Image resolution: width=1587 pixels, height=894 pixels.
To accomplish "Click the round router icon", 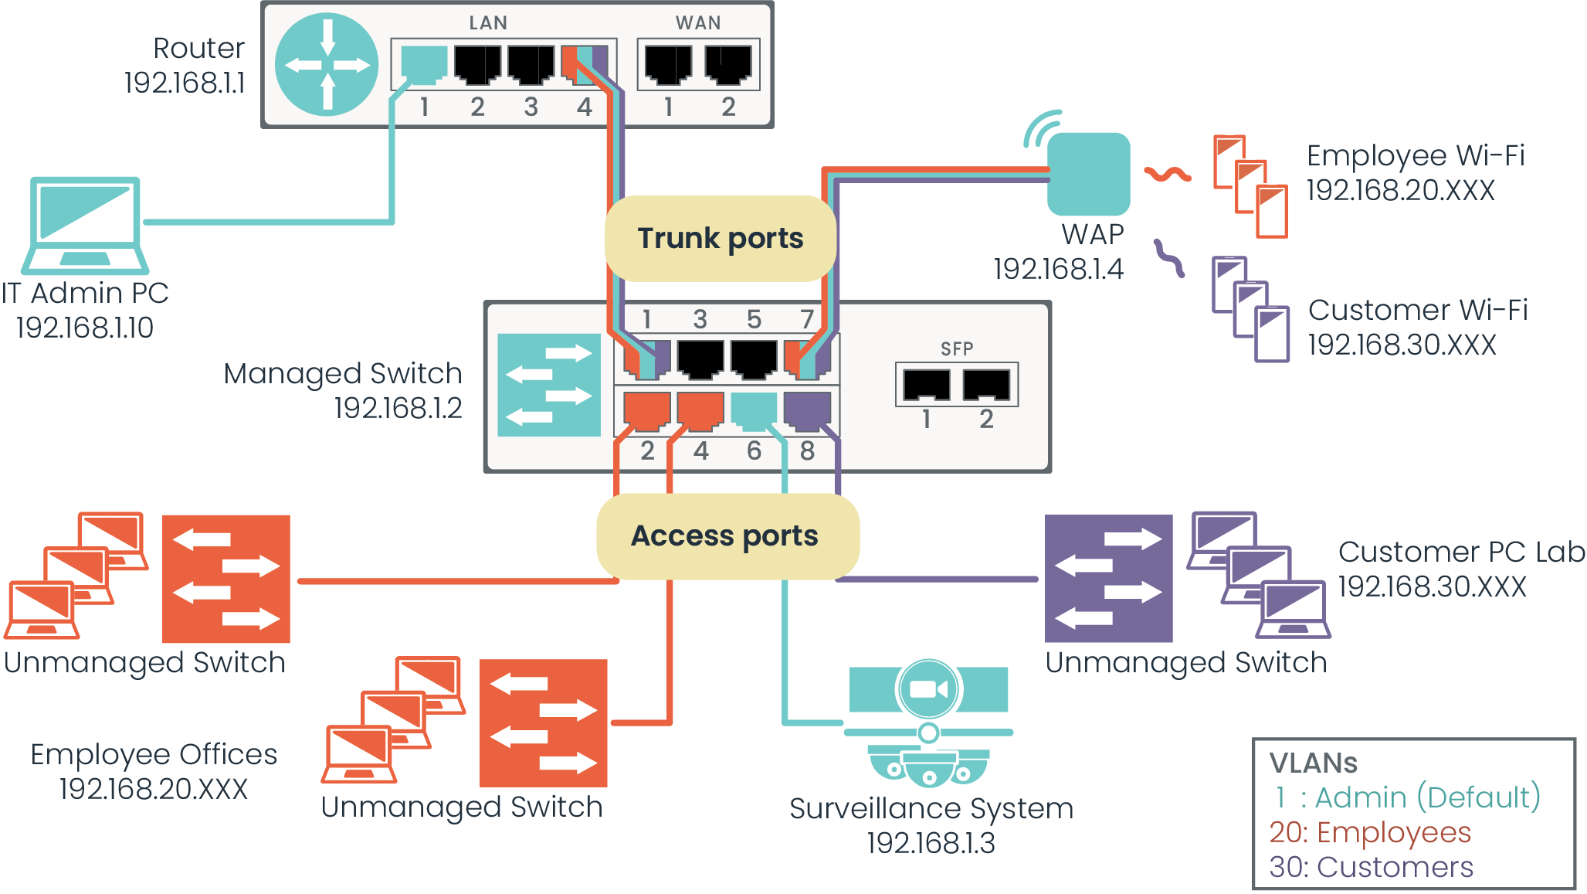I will (x=327, y=64).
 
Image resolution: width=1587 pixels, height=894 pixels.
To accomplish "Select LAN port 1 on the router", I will (x=424, y=66).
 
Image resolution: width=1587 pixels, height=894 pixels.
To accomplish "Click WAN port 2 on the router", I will (x=728, y=65).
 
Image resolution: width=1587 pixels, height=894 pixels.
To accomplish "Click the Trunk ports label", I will (x=721, y=238).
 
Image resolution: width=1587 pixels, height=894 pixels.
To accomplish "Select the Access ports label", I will (x=724, y=535).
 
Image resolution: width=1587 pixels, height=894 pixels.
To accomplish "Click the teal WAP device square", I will (x=1089, y=174).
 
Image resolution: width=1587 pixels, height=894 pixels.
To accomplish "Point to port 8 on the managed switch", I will (x=807, y=411).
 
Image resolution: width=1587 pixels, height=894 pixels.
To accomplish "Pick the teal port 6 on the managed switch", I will (x=754, y=411).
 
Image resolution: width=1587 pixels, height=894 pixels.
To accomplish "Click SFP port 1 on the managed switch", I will (x=927, y=384).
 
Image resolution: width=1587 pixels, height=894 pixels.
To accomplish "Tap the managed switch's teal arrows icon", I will (x=548, y=385).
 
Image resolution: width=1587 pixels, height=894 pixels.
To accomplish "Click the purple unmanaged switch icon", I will (x=1108, y=578).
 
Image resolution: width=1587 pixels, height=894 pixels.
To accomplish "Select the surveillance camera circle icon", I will (x=929, y=688).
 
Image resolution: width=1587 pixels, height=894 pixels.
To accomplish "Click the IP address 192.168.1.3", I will (x=931, y=843).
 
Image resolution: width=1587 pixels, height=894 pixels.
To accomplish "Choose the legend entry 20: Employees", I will (x=1370, y=832).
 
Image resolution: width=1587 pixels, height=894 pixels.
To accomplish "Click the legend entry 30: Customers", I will (x=1371, y=867).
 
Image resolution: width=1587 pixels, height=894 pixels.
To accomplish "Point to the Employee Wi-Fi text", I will (x=1416, y=155).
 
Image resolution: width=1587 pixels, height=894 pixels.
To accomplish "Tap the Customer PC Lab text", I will (x=1461, y=552).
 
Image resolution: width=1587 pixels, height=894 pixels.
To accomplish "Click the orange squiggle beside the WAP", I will (x=1167, y=175).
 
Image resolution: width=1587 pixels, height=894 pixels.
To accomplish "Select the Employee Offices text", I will (x=154, y=754).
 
